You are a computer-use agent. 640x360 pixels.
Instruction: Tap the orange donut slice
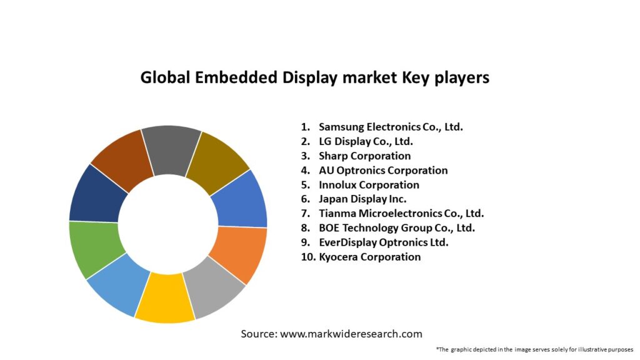pos(241,253)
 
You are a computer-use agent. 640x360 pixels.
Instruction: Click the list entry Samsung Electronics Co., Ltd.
pos(391,127)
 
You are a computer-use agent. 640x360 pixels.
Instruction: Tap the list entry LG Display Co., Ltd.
pos(366,141)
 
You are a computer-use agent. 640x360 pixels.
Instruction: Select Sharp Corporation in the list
pos(364,156)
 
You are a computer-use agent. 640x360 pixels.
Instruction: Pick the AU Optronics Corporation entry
pos(383,170)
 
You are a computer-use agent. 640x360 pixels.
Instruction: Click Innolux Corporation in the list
pos(369,184)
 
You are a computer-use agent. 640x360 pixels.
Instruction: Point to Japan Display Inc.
pos(362,199)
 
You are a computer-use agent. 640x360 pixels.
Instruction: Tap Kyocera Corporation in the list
pos(369,257)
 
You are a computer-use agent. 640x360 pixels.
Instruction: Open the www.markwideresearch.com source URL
pos(351,334)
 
